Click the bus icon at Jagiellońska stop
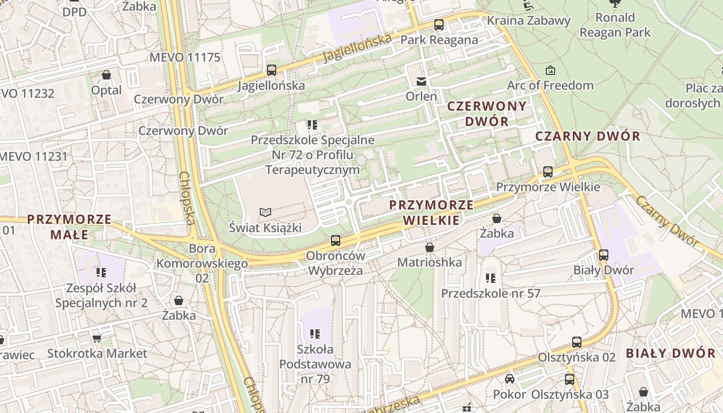[x=271, y=70]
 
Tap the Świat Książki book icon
[x=265, y=212]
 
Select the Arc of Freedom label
[x=551, y=85]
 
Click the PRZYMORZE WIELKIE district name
[x=431, y=213]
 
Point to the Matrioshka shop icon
[x=429, y=247]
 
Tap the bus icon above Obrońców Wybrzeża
[x=335, y=240]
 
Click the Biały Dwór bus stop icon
[x=603, y=255]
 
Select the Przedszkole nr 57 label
[x=490, y=293]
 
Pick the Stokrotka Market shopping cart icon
[x=97, y=338]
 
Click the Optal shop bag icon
[x=106, y=75]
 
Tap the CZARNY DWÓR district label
[x=588, y=136]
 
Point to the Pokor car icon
[x=510, y=379]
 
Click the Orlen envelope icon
[x=421, y=81]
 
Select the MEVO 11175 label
[x=185, y=57]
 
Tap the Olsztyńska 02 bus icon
[x=576, y=342]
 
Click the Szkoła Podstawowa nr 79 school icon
[x=315, y=334]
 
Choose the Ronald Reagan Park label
[x=615, y=25]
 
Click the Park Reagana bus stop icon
[x=439, y=24]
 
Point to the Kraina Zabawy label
[x=529, y=21]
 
